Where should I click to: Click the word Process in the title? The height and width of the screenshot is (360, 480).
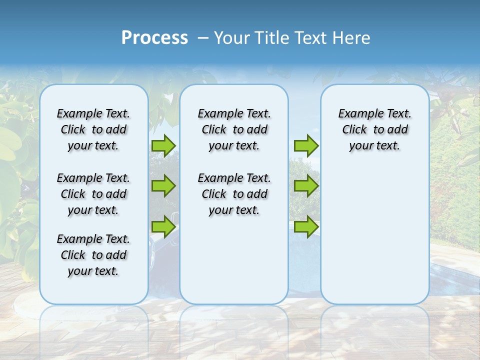[x=154, y=38]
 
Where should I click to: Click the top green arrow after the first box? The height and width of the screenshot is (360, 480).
[x=163, y=145]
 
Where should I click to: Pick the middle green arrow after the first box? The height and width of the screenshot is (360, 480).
[x=163, y=186]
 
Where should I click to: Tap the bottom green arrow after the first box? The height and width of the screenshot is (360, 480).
[x=163, y=226]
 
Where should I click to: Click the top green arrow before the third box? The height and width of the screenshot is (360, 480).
[x=306, y=145]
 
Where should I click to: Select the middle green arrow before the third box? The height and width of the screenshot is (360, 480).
[x=306, y=186]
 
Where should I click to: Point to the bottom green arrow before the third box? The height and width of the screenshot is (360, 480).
[x=306, y=226]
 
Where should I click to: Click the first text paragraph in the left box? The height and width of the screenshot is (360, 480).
[x=93, y=129]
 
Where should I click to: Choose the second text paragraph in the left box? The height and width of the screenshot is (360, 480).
[x=93, y=194]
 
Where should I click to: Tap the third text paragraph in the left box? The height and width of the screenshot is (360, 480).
[x=93, y=255]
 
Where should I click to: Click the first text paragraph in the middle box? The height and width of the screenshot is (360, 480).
[x=234, y=129]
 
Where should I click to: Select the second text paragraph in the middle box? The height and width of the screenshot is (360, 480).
[x=234, y=194]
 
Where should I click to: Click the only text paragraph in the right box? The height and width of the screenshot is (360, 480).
[x=374, y=129]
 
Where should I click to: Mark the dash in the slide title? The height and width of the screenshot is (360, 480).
[x=203, y=38]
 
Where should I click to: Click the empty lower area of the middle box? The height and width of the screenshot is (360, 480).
[x=234, y=260]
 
